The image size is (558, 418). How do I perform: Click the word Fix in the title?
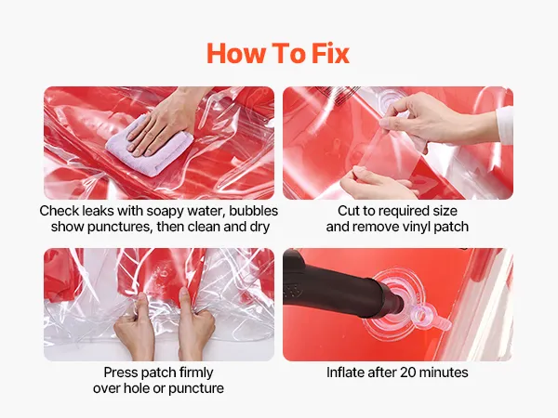[x=330, y=53]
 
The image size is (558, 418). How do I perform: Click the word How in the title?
[x=236, y=53]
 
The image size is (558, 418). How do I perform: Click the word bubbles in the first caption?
[x=253, y=211]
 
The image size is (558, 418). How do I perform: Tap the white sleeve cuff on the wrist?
[x=505, y=124]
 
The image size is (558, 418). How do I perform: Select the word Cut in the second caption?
[x=347, y=211]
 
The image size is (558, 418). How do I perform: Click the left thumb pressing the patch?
[x=141, y=302]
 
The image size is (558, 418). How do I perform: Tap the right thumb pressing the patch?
[x=184, y=298]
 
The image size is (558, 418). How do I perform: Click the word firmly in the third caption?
[x=196, y=372]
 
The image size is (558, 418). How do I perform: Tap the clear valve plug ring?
[x=421, y=314]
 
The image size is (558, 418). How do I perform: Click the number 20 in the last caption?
[x=408, y=372]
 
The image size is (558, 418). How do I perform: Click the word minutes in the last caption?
[x=444, y=372]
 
